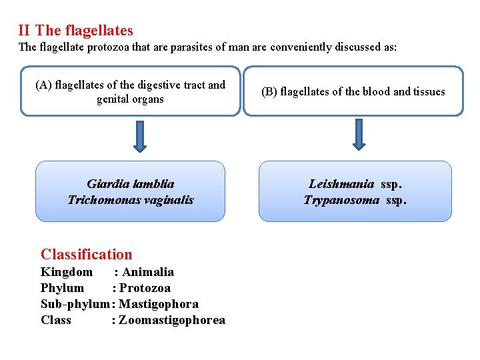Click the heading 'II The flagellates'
(x=76, y=31)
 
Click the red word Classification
(x=87, y=254)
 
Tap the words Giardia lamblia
(x=131, y=184)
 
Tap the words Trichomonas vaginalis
(x=131, y=200)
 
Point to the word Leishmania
(x=341, y=184)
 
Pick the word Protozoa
(x=145, y=288)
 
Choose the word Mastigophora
(x=159, y=304)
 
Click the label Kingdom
(x=67, y=272)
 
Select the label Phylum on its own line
(x=63, y=288)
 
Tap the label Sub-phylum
(x=75, y=304)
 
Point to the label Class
(x=56, y=320)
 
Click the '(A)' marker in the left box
(x=44, y=85)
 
